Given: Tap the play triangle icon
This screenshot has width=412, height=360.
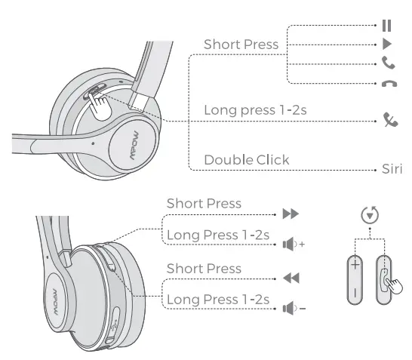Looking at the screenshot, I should click(x=388, y=45).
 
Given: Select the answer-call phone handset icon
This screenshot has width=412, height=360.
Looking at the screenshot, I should click(x=388, y=64).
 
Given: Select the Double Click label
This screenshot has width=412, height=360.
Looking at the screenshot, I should click(x=247, y=160).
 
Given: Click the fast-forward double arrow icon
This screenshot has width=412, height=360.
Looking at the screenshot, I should click(x=290, y=214).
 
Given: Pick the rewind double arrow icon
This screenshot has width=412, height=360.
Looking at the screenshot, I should click(x=290, y=278).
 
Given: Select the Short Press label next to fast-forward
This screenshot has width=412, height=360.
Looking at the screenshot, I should click(x=204, y=204).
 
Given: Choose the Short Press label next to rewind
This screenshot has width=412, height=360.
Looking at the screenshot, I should click(x=204, y=269).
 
